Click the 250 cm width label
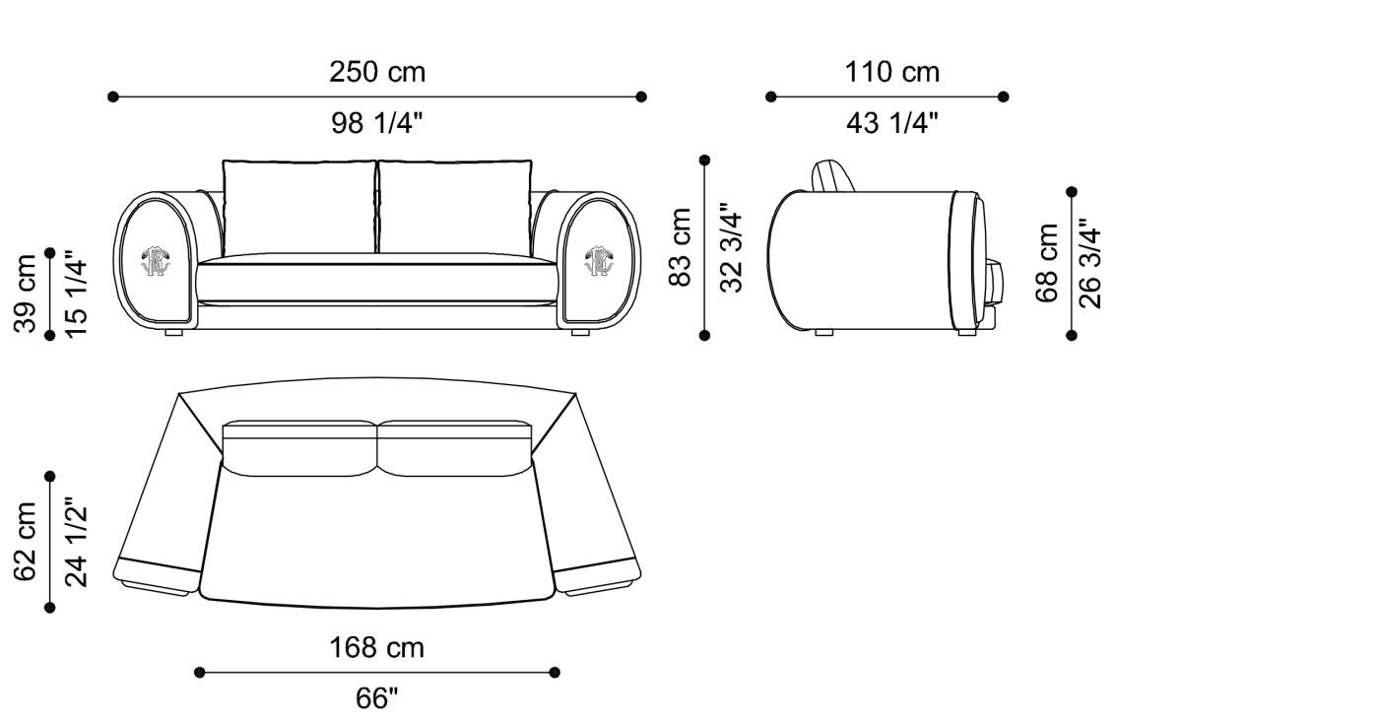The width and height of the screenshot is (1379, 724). [x=377, y=72]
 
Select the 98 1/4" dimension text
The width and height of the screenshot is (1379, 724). [x=377, y=123]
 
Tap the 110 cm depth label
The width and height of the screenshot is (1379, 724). [x=891, y=72]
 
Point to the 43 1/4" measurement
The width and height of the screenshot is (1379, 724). [x=891, y=123]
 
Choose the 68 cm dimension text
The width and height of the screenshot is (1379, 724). [x=1048, y=263]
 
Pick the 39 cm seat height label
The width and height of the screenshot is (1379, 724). [x=27, y=294]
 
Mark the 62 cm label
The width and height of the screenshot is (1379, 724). [x=27, y=543]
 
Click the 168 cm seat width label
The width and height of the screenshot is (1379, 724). [x=376, y=647]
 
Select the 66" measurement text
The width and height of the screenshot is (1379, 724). [x=376, y=698]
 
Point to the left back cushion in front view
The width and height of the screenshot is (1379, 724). [x=299, y=207]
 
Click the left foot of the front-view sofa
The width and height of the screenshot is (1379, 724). [x=174, y=334]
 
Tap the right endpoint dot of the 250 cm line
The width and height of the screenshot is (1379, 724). [x=641, y=97]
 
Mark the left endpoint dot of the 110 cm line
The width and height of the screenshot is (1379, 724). [x=770, y=97]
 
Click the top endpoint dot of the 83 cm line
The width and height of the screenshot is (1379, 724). [x=704, y=160]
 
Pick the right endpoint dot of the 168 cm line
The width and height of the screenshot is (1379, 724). [x=555, y=673]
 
